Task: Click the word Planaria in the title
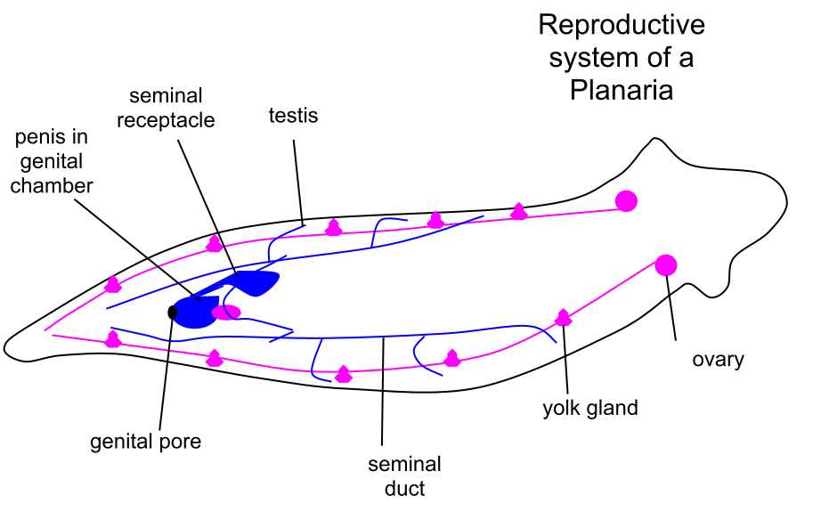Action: point(621,90)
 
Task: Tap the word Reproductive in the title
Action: point(622,26)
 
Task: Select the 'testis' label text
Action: point(293,115)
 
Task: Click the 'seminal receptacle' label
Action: point(166,108)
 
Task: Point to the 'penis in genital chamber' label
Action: point(52,161)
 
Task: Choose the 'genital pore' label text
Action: point(145,442)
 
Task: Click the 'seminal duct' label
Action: point(404,476)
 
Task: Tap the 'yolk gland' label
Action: point(590,408)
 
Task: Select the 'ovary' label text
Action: point(718,360)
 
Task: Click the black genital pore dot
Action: point(172,313)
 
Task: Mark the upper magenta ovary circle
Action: point(626,201)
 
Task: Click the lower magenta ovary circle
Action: point(665,265)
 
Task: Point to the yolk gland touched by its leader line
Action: point(563,318)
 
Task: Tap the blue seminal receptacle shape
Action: point(256,281)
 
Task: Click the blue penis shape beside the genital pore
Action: point(195,313)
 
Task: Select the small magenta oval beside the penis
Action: point(226,313)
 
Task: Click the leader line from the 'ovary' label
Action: point(671,308)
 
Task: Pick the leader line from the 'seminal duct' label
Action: point(383,392)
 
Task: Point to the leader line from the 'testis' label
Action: point(298,183)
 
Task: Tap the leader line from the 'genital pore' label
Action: point(166,373)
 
